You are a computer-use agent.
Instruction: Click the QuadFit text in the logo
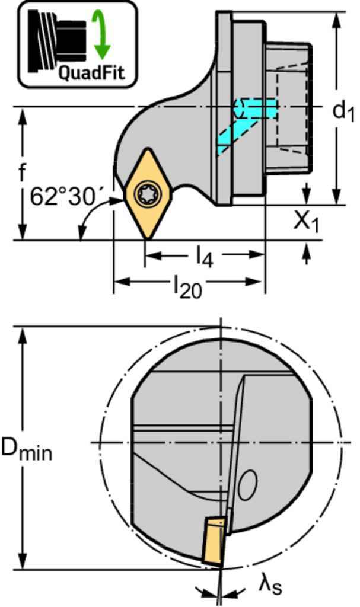(x=92, y=72)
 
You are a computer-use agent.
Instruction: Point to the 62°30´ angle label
(x=63, y=197)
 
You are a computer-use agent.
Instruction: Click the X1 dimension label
(x=307, y=222)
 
